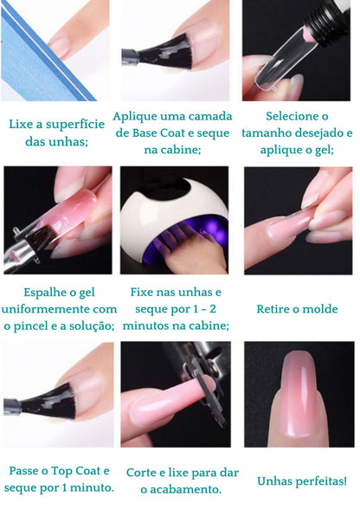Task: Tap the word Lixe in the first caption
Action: pyautogui.click(x=20, y=124)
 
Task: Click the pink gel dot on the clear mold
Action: pyautogui.click(x=305, y=35)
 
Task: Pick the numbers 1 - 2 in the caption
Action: pyautogui.click(x=204, y=309)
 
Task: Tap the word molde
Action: pyautogui.click(x=319, y=309)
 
